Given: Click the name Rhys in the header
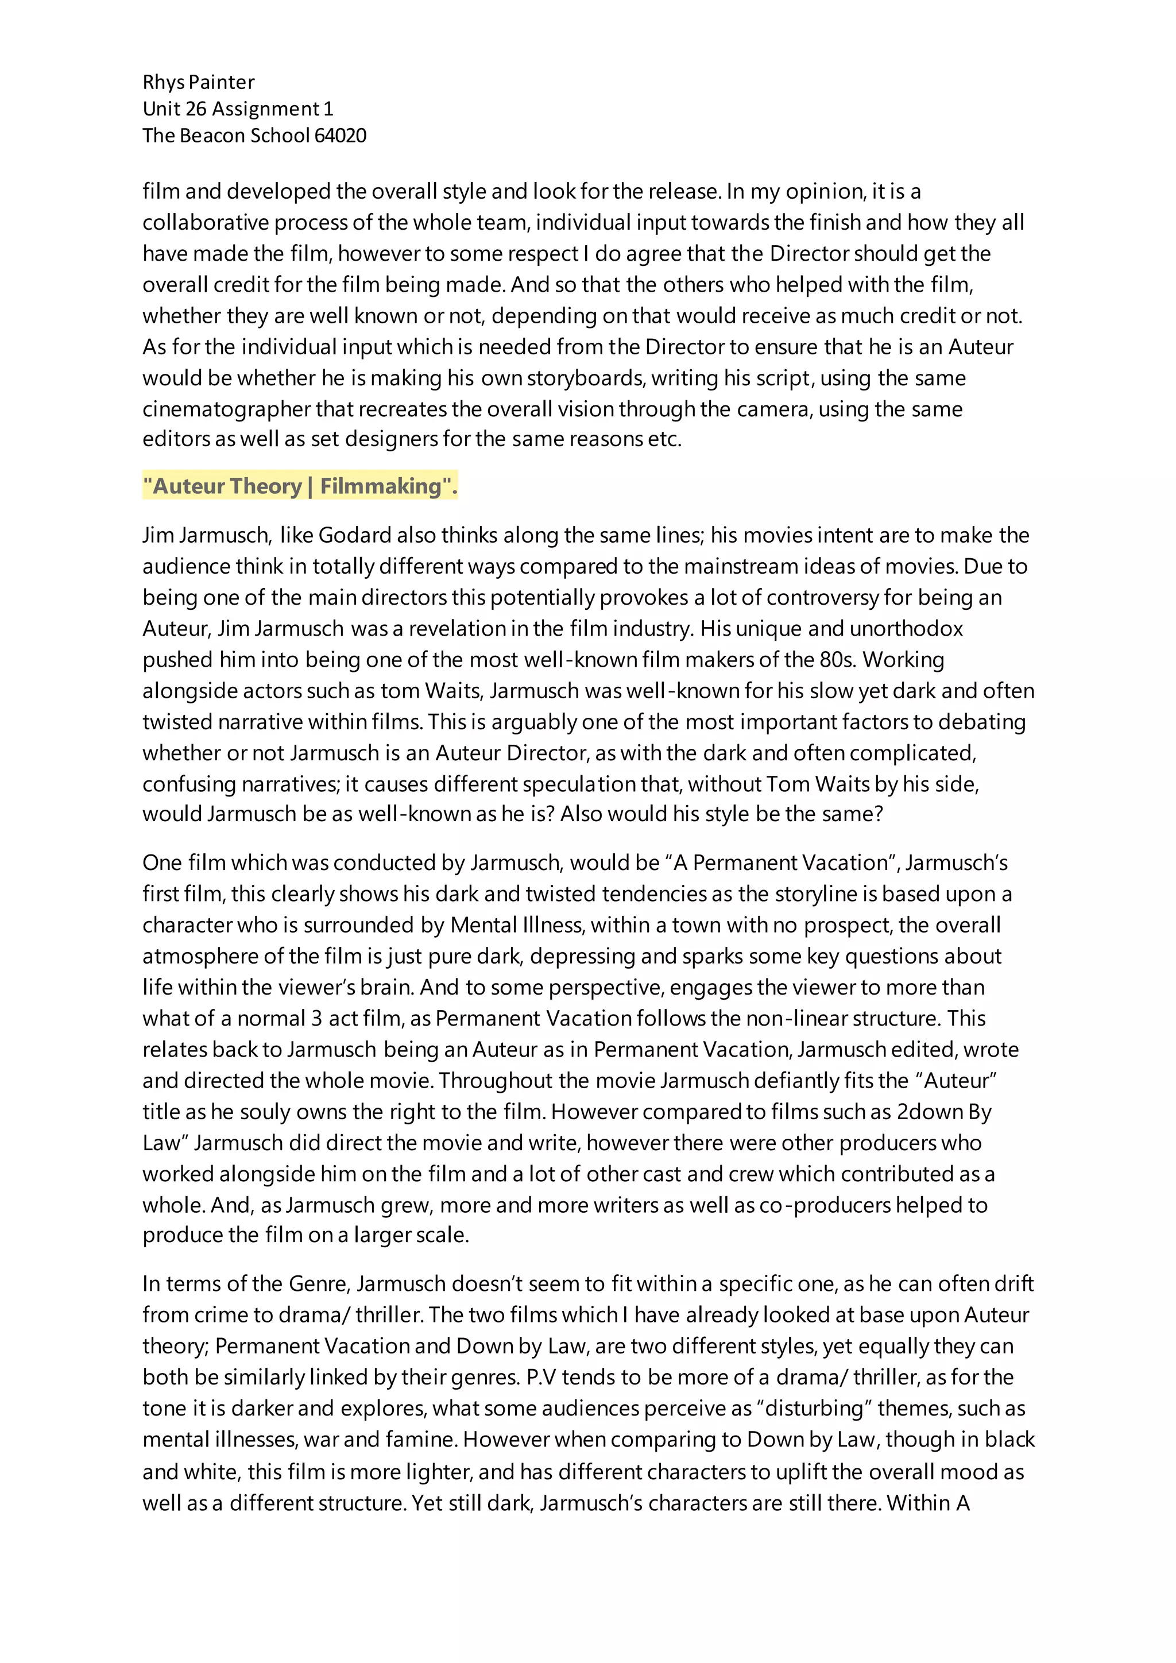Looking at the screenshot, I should tap(163, 83).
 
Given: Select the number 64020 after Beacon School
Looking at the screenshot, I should tap(341, 136).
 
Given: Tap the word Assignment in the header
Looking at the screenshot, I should tap(266, 109).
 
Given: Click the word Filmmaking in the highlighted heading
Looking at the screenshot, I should tap(381, 486).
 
